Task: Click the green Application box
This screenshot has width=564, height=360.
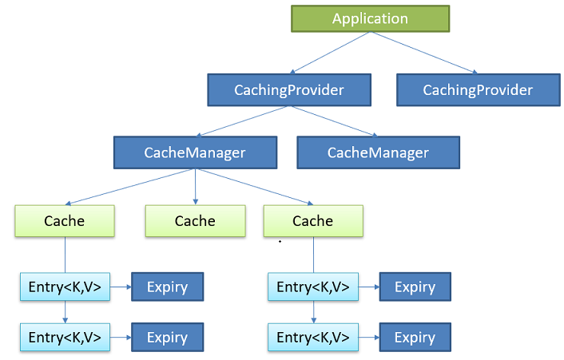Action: (370, 19)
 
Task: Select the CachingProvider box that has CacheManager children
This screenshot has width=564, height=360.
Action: (288, 90)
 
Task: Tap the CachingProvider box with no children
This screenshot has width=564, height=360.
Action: (478, 90)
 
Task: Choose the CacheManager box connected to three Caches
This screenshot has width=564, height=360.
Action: (195, 152)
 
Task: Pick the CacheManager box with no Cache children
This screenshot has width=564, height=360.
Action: (378, 152)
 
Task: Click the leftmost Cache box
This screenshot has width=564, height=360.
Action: (65, 220)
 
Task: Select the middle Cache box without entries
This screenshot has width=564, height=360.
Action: (195, 220)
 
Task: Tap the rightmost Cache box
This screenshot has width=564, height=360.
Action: (313, 220)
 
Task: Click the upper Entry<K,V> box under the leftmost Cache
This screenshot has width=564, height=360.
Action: (65, 287)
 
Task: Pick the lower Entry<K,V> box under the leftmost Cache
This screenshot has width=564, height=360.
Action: (65, 337)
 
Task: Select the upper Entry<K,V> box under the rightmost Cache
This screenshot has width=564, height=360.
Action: (313, 287)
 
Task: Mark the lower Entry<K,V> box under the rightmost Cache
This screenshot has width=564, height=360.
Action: (313, 337)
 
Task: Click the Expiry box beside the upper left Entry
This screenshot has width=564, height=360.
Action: (167, 287)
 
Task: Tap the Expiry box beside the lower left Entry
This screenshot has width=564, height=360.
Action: (167, 337)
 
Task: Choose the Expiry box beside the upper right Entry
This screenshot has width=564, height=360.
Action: (415, 287)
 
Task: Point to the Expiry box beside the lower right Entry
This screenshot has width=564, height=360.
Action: (415, 337)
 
